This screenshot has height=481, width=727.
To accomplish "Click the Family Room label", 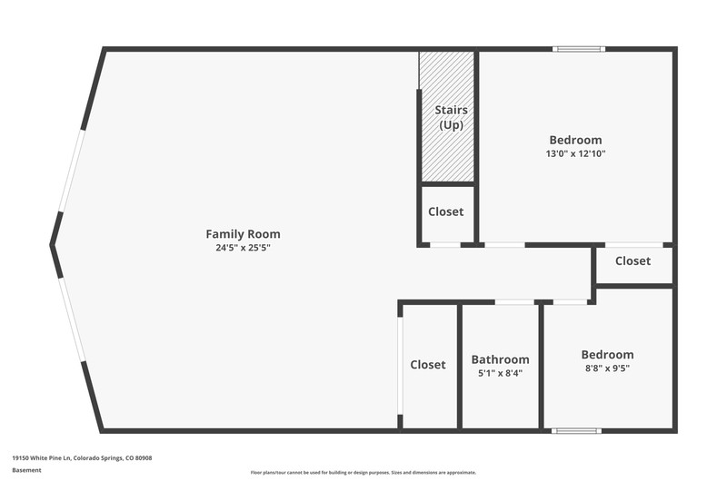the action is click(x=243, y=234).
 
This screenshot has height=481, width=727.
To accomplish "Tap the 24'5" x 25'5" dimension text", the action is click(x=243, y=247).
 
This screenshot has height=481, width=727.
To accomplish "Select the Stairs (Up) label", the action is click(x=451, y=118).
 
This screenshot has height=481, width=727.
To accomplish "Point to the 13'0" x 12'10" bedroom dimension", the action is click(x=575, y=153).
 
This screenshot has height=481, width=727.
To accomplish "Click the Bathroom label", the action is click(x=501, y=359).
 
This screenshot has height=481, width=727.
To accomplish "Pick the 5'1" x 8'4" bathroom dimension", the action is click(x=501, y=373).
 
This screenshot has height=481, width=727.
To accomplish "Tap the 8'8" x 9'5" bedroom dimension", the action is click(x=607, y=368).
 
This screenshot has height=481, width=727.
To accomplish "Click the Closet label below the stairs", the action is click(x=445, y=211).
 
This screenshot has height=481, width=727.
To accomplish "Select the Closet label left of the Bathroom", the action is click(x=428, y=365).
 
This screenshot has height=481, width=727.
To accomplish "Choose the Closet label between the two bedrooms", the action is click(x=632, y=261).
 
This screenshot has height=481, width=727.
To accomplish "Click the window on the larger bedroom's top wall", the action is click(x=579, y=49).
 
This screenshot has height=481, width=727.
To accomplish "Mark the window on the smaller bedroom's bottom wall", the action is click(x=576, y=431).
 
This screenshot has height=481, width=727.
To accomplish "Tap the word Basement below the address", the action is click(x=26, y=470).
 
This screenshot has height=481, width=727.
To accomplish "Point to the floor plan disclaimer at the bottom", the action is click(x=363, y=473).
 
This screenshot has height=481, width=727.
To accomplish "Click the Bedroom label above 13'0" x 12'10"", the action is click(x=575, y=140).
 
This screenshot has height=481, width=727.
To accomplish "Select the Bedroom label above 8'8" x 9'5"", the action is click(x=607, y=355).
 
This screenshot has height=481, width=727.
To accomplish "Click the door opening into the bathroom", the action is click(x=514, y=302).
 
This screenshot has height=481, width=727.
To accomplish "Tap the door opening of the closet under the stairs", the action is click(x=445, y=245).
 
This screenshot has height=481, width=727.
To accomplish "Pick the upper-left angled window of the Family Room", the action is click(x=71, y=171).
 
